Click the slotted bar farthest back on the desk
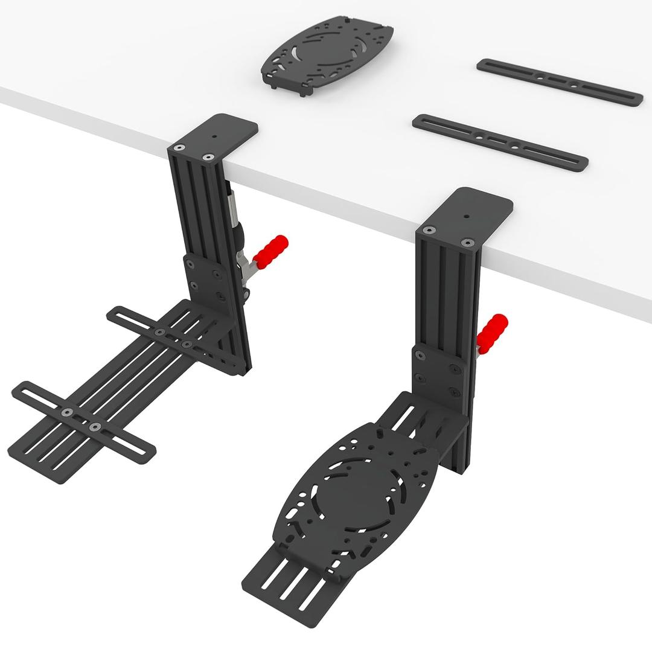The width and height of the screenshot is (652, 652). click(559, 83)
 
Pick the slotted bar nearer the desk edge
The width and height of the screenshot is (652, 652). click(500, 142)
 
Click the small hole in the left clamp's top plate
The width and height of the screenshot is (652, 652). click(214, 137)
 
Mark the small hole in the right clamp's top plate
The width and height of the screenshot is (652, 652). click(466, 214)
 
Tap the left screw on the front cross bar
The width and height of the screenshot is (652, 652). click(67, 413)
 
